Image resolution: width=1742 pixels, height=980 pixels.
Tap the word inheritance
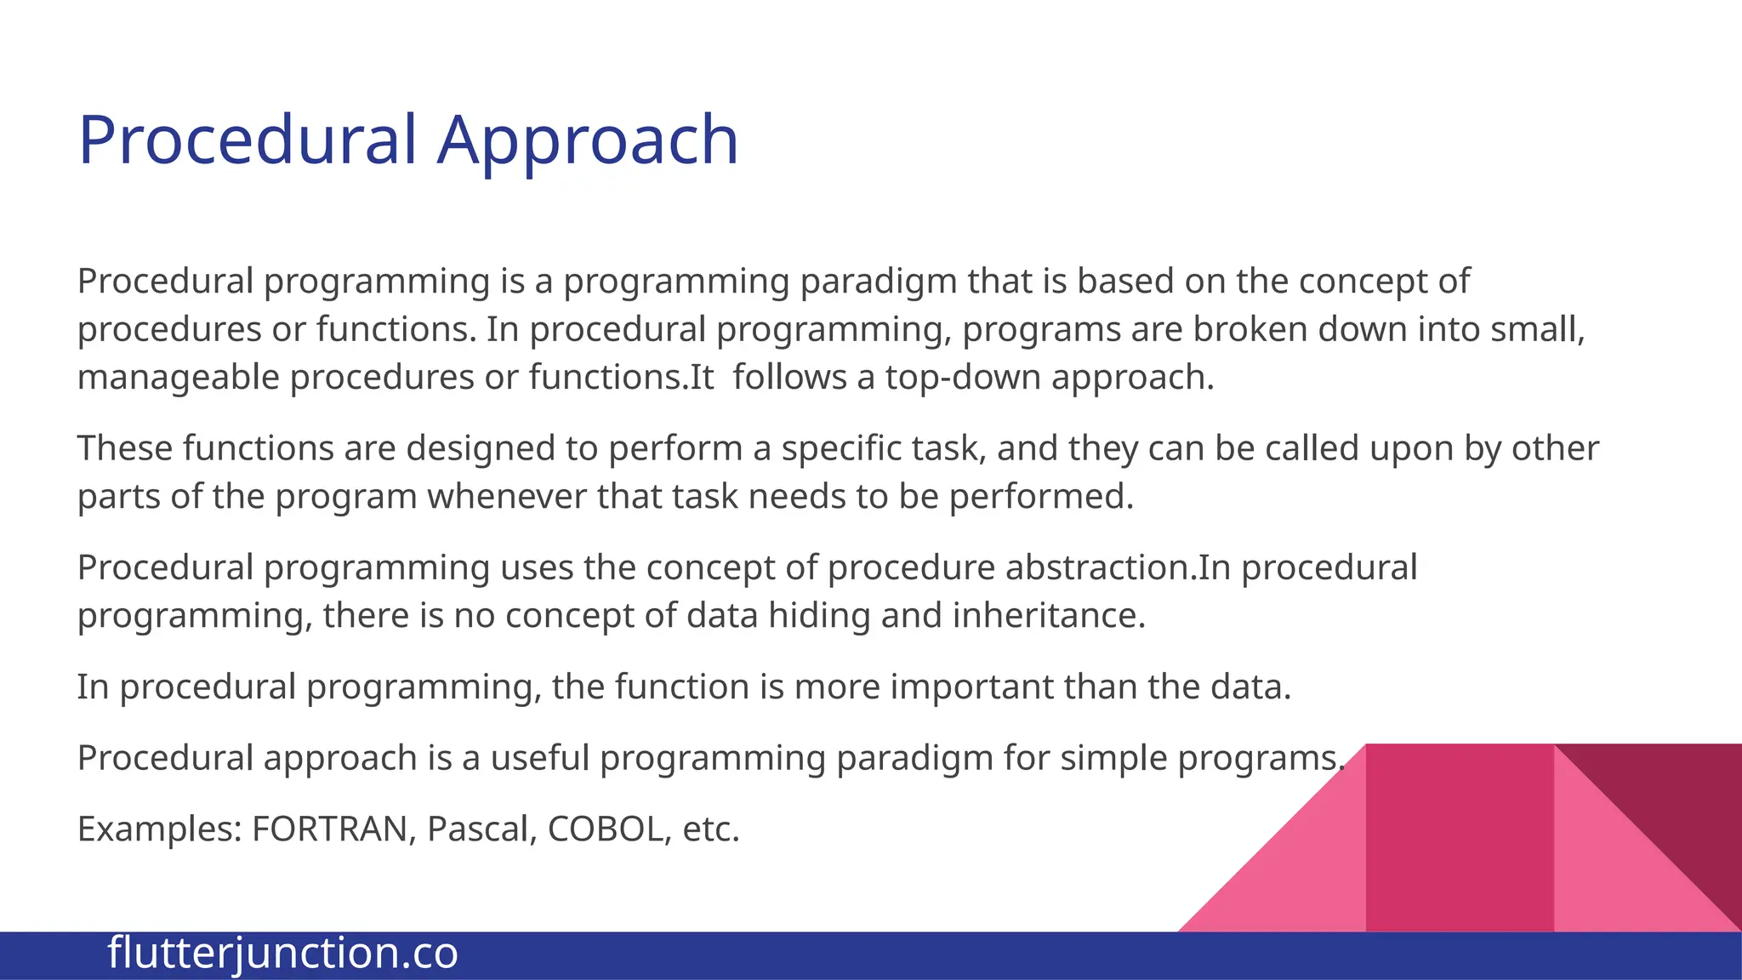click(1049, 615)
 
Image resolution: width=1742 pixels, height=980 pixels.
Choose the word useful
click(540, 757)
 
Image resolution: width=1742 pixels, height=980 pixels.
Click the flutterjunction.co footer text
click(283, 953)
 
